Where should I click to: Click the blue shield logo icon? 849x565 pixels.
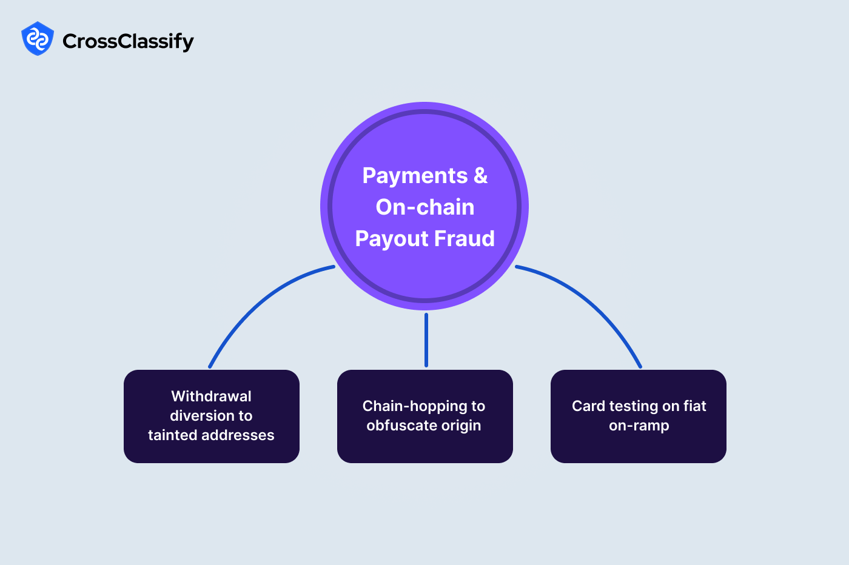[x=38, y=39]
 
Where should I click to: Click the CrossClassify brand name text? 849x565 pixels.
[x=128, y=41]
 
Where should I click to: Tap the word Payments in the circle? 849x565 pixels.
[x=415, y=176]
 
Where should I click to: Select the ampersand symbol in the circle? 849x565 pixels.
[x=480, y=176]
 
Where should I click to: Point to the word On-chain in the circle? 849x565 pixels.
[x=424, y=207]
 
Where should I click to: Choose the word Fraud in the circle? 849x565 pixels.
[x=465, y=239]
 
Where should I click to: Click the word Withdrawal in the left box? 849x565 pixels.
[x=211, y=396]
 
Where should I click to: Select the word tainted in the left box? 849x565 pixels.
[x=172, y=435]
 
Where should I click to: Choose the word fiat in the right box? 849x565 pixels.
[x=695, y=406]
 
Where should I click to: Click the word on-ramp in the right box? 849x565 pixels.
[x=639, y=426]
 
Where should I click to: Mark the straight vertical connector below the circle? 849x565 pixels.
[x=426, y=339]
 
